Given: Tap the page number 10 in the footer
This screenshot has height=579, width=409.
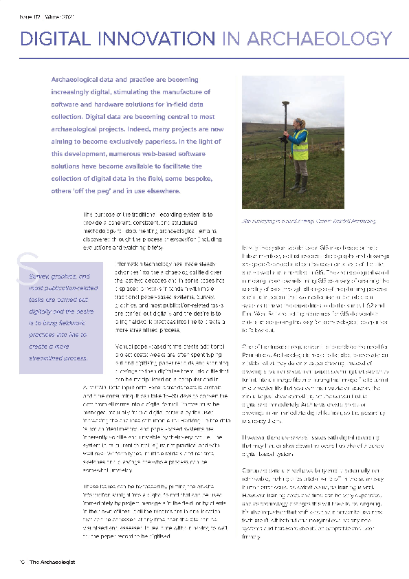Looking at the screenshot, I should click(22, 561).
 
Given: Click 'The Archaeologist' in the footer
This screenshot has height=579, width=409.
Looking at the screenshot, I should click(52, 561).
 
